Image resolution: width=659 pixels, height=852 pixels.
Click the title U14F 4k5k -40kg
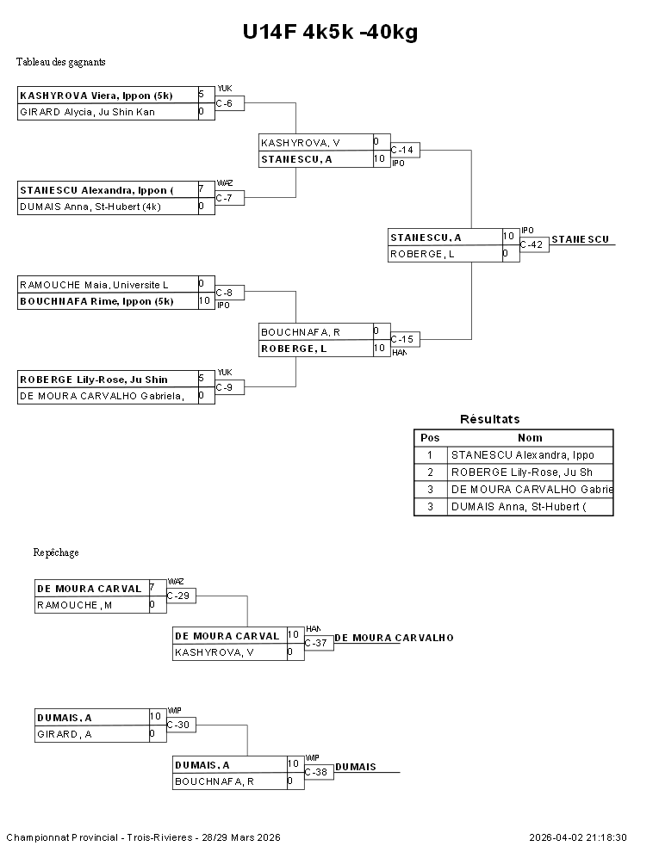[x=329, y=33]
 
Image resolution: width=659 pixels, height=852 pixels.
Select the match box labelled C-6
[x=229, y=103]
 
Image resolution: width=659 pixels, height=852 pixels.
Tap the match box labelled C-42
[x=532, y=245]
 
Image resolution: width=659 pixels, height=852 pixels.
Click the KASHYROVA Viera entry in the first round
[x=108, y=96]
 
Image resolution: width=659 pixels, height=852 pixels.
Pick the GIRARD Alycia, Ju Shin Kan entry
[x=108, y=112]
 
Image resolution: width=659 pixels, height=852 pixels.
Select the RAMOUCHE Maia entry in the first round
[x=108, y=285]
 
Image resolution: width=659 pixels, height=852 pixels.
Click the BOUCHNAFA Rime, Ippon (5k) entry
[x=108, y=301]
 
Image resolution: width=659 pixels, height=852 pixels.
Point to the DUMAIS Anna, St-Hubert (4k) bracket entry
[x=108, y=207]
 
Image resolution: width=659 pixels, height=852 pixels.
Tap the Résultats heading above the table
[x=489, y=419]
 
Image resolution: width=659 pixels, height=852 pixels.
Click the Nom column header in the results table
[x=530, y=438]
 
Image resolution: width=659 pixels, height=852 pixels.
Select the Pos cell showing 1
[x=429, y=455]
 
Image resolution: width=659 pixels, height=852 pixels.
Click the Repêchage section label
[x=56, y=553]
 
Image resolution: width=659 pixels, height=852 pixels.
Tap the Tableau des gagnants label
[x=61, y=62]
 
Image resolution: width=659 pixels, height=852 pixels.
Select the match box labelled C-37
[x=319, y=643]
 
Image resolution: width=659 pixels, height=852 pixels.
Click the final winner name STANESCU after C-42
[x=581, y=239]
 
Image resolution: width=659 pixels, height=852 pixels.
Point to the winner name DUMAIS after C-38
[x=356, y=767]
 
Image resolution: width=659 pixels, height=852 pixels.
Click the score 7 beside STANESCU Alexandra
[x=201, y=188]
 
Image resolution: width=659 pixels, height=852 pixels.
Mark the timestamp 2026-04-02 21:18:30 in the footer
[x=578, y=837]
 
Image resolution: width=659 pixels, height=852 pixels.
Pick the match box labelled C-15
[x=403, y=340]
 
